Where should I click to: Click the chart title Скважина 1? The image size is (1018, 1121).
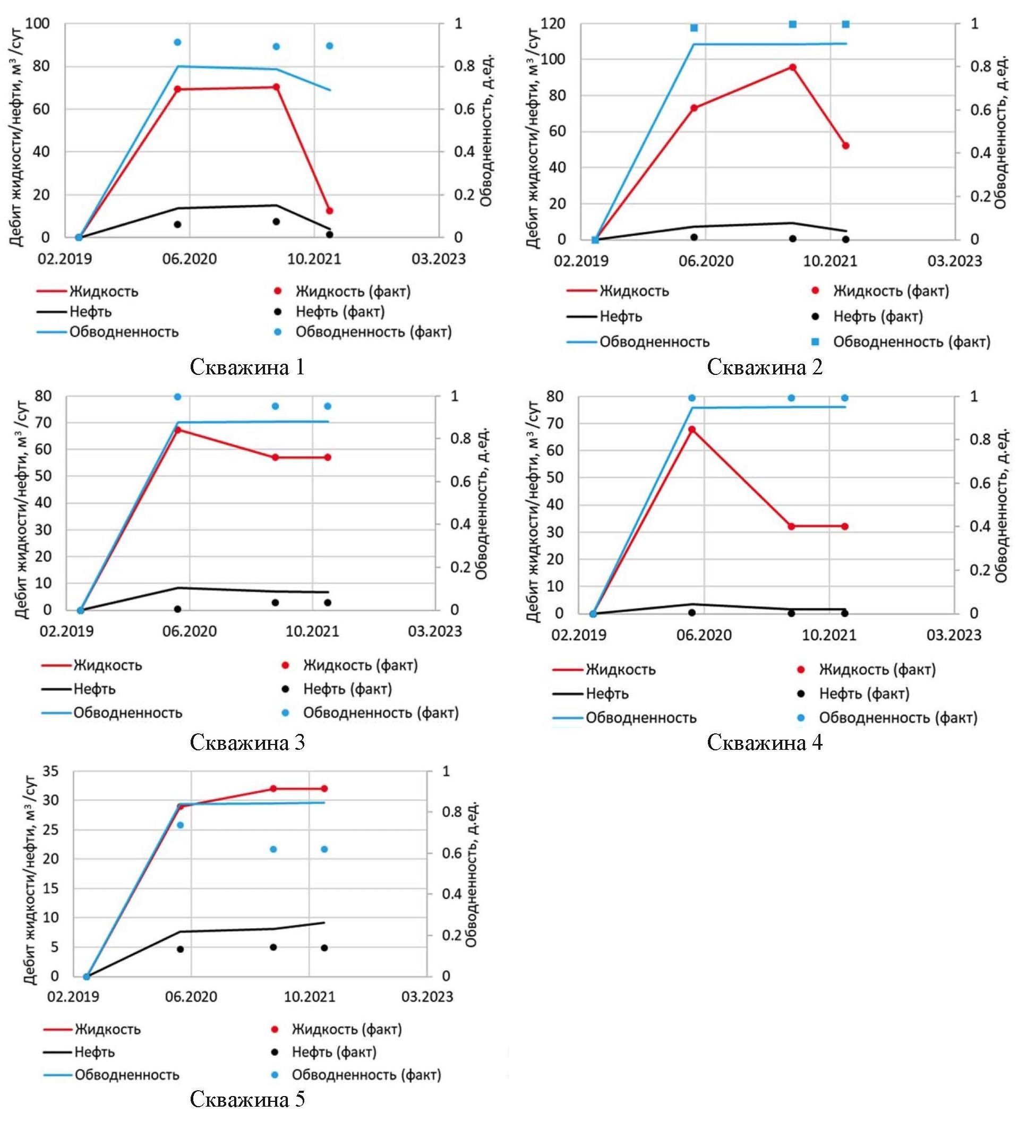(247, 367)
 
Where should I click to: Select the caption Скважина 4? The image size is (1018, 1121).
(765, 742)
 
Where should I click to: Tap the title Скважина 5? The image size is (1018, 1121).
(247, 1099)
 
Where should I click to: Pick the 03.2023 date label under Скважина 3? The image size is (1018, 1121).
(435, 631)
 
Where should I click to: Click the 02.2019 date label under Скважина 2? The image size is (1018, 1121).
(581, 261)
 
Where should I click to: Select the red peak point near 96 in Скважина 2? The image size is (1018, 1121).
(793, 67)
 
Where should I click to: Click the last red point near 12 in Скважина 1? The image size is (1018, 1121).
(330, 211)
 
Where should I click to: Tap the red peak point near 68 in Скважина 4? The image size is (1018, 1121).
(692, 429)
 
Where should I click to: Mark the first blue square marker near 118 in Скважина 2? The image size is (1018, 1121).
(694, 28)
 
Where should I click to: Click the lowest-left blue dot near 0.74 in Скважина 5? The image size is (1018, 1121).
(180, 825)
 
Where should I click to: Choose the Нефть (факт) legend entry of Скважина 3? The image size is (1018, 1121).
(347, 689)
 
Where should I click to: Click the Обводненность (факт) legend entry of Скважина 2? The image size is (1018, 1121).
(911, 342)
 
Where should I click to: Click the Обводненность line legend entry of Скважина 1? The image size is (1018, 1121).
(123, 332)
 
